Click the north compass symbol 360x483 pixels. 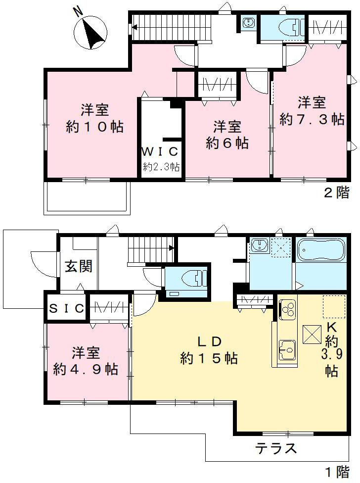point(91,31)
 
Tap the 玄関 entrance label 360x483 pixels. point(78,267)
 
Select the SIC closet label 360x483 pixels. point(67,308)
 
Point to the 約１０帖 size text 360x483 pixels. point(95,127)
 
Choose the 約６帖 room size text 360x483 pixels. point(227,144)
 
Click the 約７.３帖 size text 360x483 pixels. point(312,119)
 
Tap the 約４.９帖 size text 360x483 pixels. point(86,369)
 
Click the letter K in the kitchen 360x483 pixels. point(331,328)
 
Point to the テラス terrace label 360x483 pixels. point(276,448)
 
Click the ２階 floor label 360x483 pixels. point(336,193)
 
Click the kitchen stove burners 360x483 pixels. point(287,310)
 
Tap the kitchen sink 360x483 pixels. point(287,349)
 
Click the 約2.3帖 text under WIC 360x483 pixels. point(161,167)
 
